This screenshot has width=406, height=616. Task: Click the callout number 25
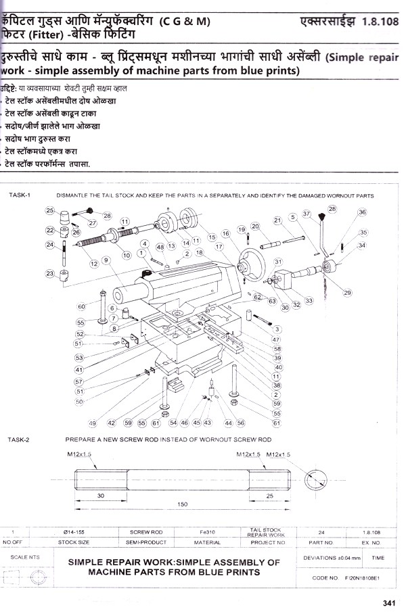(49, 210)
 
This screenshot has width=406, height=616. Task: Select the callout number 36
(363, 212)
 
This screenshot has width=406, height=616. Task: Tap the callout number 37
(307, 214)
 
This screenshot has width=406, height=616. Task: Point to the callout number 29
(348, 293)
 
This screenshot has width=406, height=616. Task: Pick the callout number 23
(49, 273)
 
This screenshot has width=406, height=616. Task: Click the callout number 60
(82, 306)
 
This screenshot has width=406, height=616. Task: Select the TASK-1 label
(20, 195)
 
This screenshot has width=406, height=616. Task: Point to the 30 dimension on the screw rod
(100, 496)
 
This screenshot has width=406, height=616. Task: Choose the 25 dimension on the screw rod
(269, 496)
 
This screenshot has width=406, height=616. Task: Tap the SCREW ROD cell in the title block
(146, 532)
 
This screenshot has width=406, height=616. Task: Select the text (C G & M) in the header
(185, 22)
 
